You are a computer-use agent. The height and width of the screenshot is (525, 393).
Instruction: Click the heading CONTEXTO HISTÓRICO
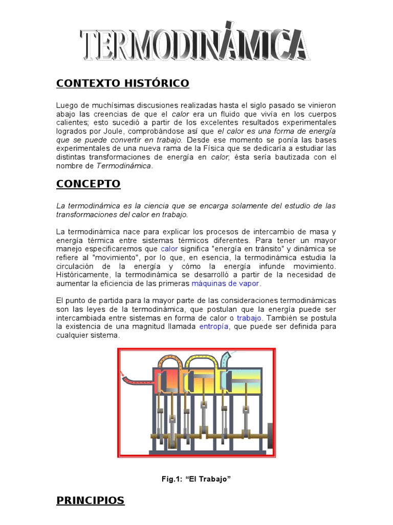click(x=122, y=83)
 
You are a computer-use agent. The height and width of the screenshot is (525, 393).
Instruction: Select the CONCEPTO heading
click(x=88, y=184)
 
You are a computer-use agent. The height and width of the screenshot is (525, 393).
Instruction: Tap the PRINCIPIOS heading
click(x=90, y=500)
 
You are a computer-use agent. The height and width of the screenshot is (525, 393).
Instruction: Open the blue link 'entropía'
click(x=214, y=326)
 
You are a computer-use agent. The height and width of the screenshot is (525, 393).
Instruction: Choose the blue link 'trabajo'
click(x=249, y=318)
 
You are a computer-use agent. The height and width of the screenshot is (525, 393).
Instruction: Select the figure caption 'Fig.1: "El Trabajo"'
click(x=196, y=479)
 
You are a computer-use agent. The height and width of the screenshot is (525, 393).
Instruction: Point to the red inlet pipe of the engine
click(x=135, y=380)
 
